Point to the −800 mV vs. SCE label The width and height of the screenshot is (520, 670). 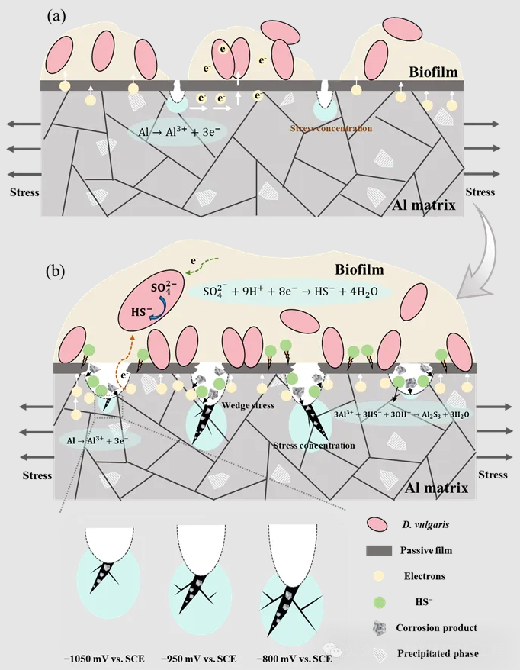293,658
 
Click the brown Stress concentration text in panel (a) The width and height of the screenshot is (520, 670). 331,129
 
